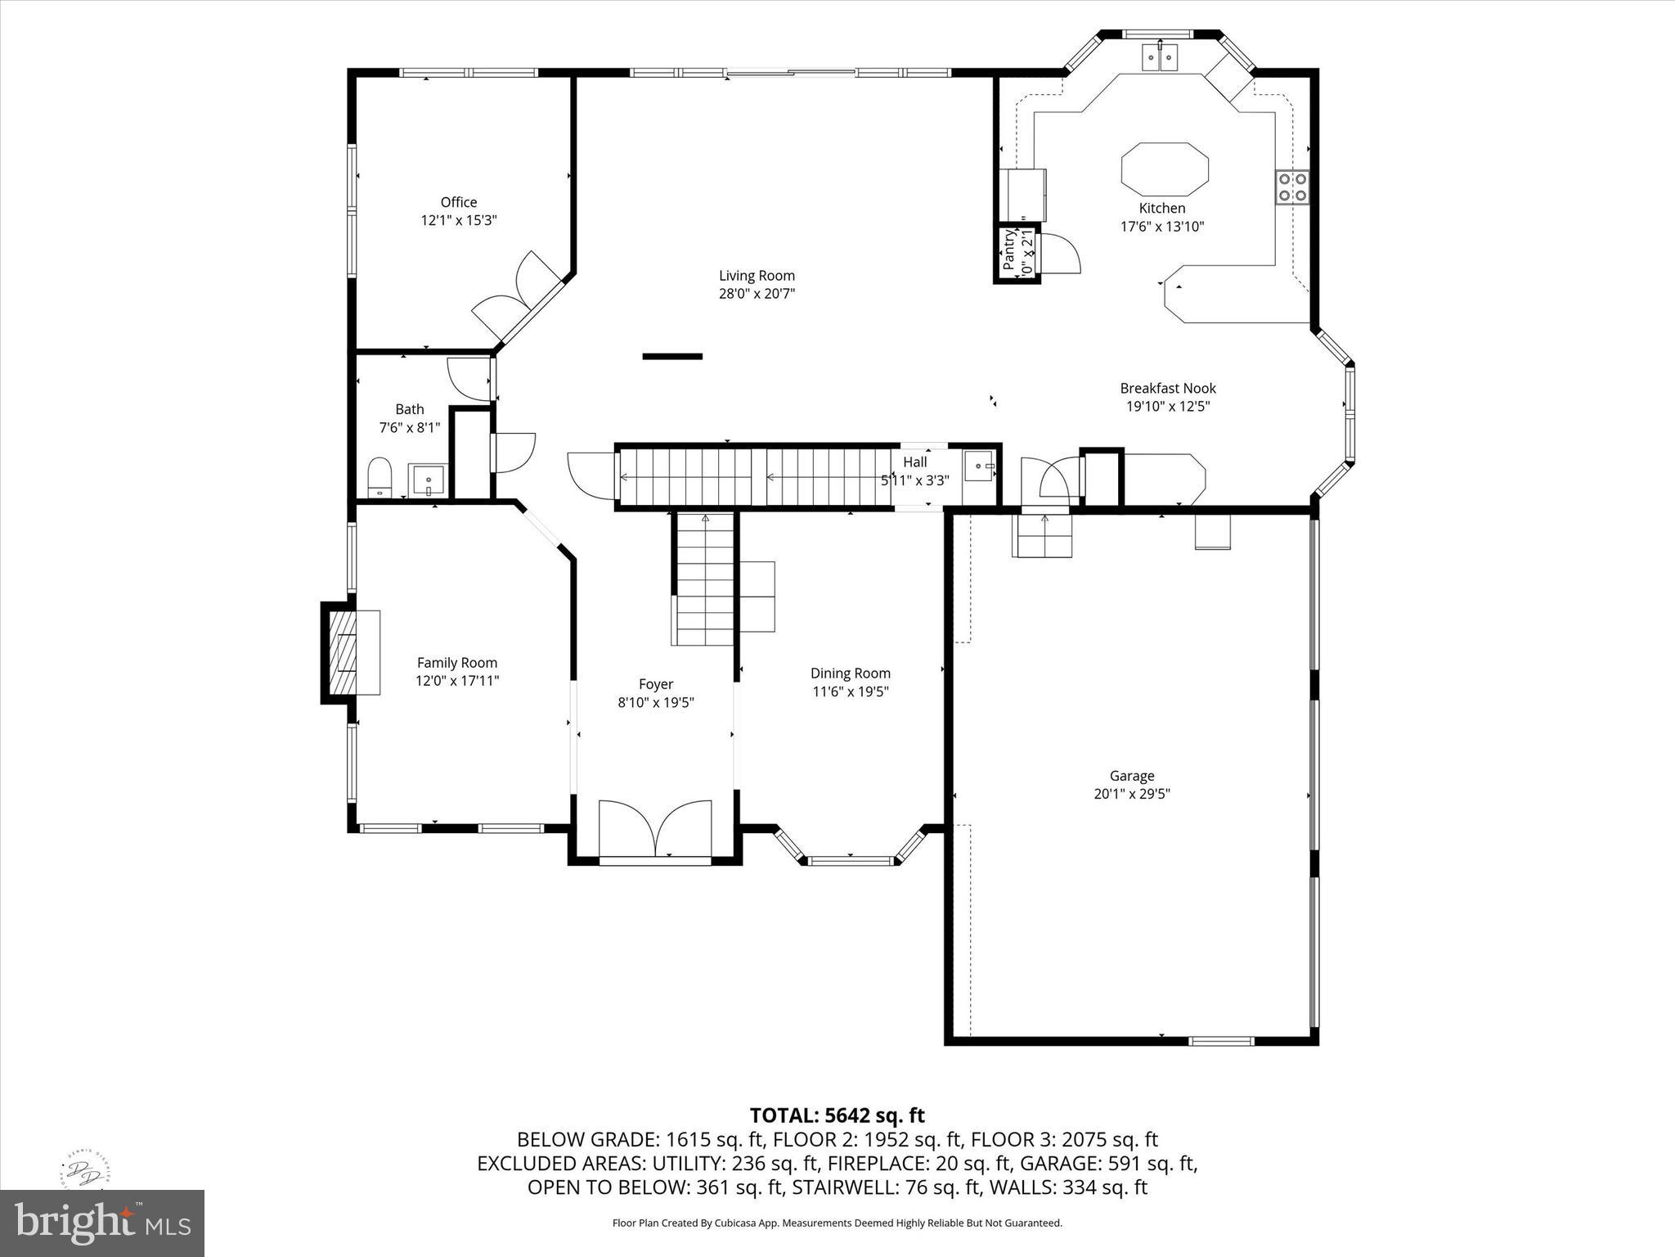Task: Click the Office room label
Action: tap(458, 202)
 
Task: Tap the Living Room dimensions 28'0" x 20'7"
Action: tap(757, 294)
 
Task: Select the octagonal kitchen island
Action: tap(1165, 167)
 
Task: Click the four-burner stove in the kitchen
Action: tap(1291, 187)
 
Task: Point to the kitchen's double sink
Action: tap(1161, 57)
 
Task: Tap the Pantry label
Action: tap(1009, 250)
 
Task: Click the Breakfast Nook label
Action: tap(1167, 389)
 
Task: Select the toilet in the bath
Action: tap(379, 476)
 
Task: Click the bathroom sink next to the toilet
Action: tap(428, 480)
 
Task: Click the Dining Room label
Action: tap(850, 674)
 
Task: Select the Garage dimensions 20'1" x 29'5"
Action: tap(1132, 794)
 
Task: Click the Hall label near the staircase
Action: tap(914, 462)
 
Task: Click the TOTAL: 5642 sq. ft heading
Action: tap(837, 1115)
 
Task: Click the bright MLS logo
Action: tap(102, 1223)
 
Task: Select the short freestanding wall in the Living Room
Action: tap(672, 356)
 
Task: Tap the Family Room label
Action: tap(456, 663)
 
